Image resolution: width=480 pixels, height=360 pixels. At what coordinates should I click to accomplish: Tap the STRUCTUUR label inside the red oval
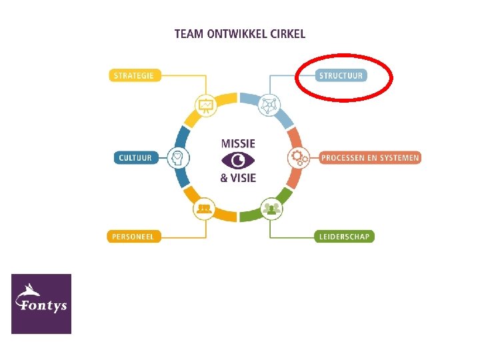(341, 75)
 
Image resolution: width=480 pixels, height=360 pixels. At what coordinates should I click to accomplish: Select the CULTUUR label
(135, 158)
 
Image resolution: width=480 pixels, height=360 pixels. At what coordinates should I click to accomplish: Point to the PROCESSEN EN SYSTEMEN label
(370, 158)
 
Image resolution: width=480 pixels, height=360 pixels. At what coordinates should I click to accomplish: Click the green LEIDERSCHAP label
(344, 236)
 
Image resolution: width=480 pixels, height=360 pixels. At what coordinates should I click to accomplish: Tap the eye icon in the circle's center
(238, 161)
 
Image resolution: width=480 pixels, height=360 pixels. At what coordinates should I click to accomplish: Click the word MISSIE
(238, 143)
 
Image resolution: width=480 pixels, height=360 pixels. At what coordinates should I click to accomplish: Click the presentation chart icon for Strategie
(205, 105)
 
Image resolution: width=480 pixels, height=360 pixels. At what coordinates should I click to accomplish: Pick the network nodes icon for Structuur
(270, 105)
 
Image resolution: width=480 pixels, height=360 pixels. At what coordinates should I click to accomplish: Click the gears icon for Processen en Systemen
(297, 158)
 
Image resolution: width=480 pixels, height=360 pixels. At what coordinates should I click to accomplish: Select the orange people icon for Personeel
(205, 209)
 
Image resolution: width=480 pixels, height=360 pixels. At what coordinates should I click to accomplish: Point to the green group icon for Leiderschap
(270, 209)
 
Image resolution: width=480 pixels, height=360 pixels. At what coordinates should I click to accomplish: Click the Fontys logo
(41, 303)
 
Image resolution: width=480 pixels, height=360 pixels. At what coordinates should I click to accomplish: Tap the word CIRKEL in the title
(288, 33)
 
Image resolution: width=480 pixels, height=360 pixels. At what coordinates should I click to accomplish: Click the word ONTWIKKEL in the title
(235, 33)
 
